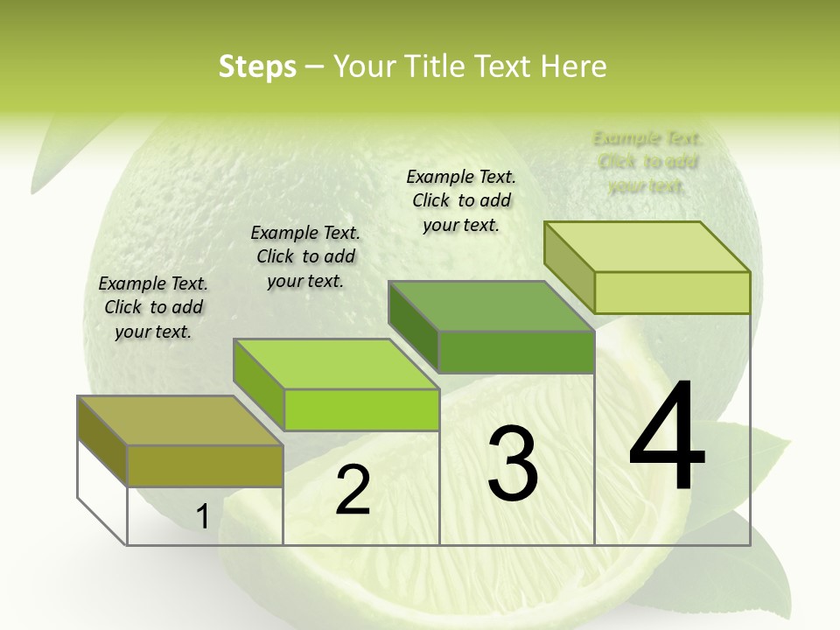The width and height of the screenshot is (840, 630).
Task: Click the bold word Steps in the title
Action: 257,66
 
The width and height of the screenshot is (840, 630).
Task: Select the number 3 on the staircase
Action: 513,463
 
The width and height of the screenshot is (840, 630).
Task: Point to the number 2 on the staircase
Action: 353,490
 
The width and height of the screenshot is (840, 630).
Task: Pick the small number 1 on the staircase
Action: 202,517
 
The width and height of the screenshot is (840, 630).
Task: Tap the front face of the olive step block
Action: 206,465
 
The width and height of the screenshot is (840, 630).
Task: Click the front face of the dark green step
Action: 516,352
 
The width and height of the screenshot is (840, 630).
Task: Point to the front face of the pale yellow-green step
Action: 672,292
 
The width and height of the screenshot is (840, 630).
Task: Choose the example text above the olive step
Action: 153,308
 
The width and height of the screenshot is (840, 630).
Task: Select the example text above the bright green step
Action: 305,257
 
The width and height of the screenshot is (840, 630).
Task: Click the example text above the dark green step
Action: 461,200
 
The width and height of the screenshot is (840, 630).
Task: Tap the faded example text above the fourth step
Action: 647,162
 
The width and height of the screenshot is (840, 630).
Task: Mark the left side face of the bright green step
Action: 259,385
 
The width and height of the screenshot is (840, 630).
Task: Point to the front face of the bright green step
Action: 361,409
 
